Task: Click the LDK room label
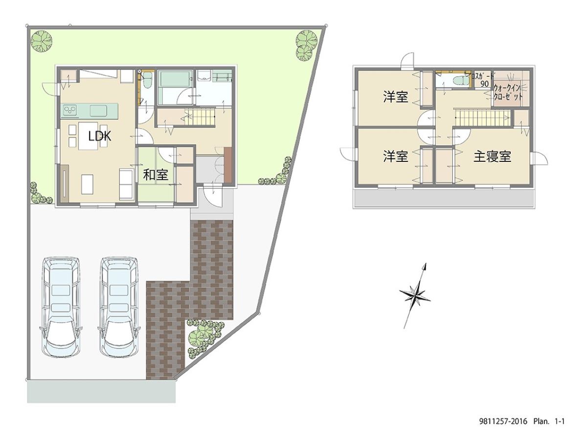[x=100, y=136]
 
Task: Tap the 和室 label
[x=156, y=175]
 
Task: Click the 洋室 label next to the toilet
[x=395, y=97]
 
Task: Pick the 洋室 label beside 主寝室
[x=395, y=157]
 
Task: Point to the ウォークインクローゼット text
[x=509, y=92]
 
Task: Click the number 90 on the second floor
[x=484, y=84]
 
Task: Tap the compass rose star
[x=415, y=294]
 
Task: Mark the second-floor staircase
[x=482, y=118]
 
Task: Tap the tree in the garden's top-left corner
[x=43, y=41]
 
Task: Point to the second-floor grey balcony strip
[x=443, y=198]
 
